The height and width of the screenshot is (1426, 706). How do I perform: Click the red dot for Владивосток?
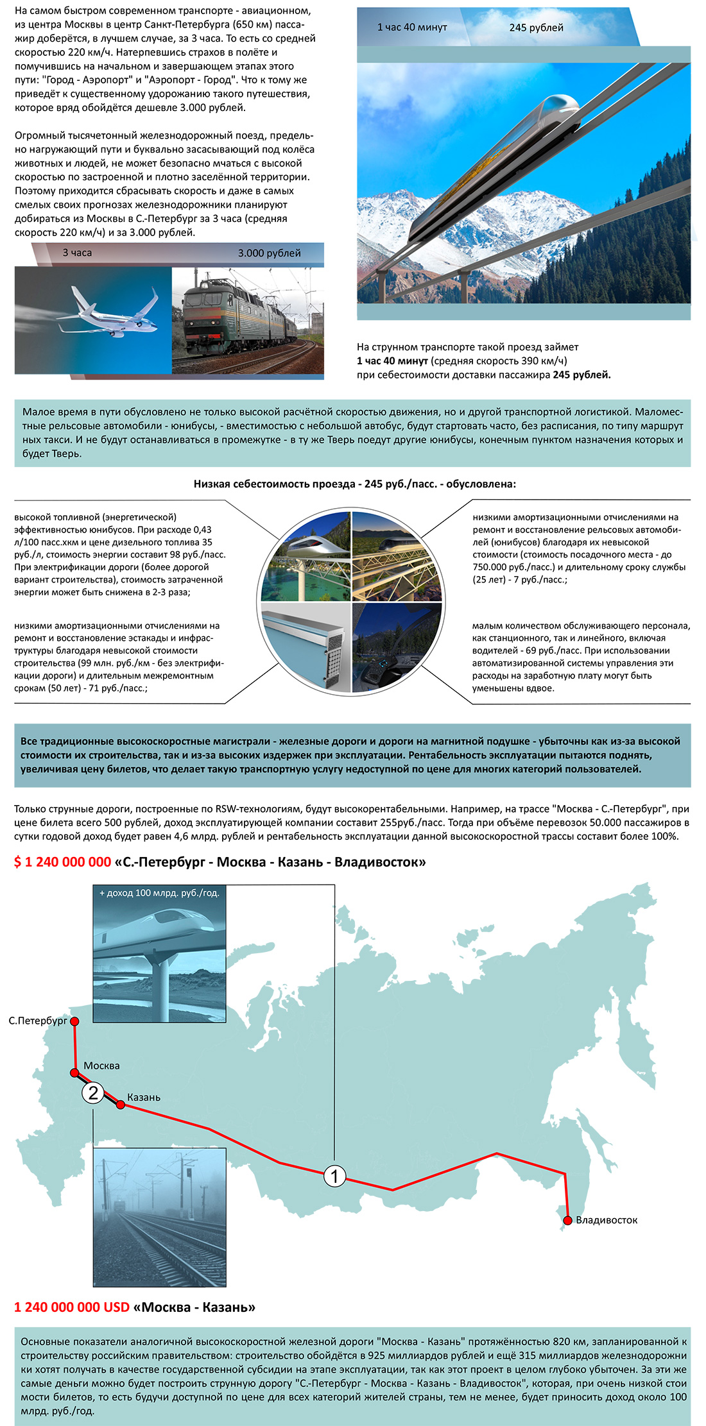point(567,1219)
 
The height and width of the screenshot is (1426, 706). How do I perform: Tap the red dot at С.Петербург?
point(74,1021)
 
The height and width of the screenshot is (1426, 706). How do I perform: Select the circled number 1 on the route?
point(334,1176)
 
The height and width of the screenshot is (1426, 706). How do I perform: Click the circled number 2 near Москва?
point(93,1092)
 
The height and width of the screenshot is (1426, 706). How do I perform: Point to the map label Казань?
point(144,1098)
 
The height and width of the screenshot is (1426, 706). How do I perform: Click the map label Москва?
point(101,1065)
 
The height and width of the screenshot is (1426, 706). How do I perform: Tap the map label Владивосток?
point(607,1220)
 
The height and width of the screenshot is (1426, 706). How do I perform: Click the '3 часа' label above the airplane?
point(77,253)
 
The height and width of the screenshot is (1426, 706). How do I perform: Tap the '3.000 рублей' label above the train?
point(269,253)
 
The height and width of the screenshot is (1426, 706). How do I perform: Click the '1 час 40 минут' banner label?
point(412,28)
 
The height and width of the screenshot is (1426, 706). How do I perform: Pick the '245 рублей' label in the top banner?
point(536,28)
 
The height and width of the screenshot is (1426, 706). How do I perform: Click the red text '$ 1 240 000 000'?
point(63,862)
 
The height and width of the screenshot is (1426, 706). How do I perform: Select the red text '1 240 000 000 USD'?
point(72,1307)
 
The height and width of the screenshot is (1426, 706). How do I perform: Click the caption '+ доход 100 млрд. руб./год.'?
point(159,893)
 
